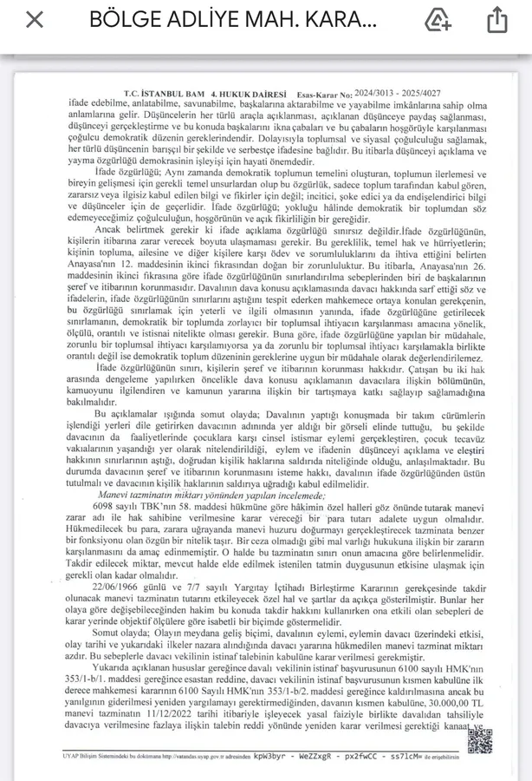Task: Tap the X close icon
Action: pyautogui.click(x=34, y=20)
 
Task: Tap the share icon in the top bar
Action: pyautogui.click(x=496, y=20)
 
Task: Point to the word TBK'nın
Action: pyautogui.click(x=152, y=504)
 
